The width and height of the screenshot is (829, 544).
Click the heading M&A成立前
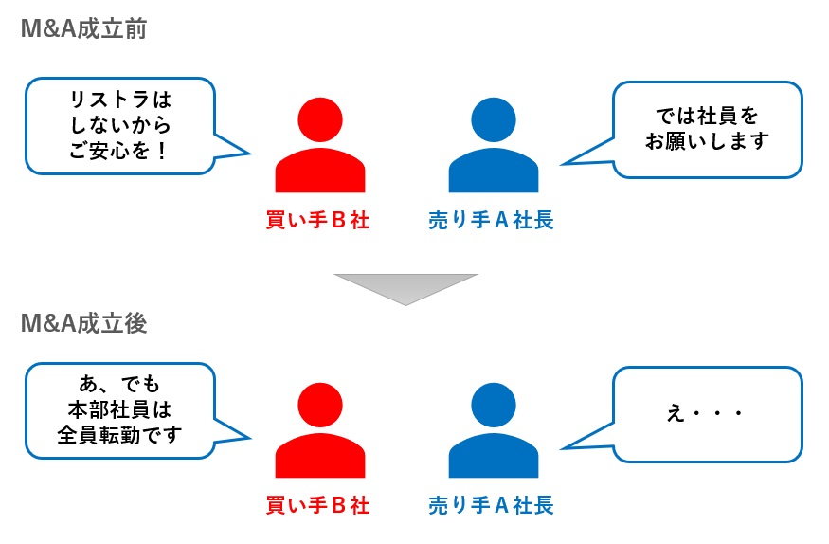82,29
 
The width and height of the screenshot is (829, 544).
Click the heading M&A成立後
82,323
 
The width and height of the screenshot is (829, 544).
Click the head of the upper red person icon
320,120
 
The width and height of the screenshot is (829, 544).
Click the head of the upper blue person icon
493,120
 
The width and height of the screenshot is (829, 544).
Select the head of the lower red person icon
320,406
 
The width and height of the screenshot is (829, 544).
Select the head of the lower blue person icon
493,406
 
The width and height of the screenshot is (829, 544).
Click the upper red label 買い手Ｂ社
317,221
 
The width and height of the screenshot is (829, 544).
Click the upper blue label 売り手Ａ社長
491,221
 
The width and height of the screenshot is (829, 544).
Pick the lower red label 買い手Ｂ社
317,505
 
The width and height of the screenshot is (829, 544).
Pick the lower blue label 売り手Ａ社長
491,505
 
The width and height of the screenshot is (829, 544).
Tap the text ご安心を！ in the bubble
119,149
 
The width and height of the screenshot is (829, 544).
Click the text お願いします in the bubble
707,141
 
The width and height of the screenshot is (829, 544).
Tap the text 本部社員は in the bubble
119,410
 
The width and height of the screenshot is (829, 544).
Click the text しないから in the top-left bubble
119,124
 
